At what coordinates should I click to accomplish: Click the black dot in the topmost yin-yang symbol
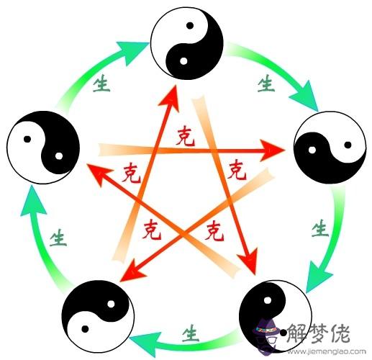pyautogui.click(x=190, y=25)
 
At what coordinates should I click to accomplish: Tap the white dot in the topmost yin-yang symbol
pyautogui.click(x=183, y=61)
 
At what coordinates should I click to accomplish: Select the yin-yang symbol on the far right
pyautogui.click(x=330, y=148)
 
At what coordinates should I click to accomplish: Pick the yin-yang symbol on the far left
pyautogui.click(x=43, y=148)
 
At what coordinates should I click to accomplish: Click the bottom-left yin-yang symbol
pyautogui.click(x=98, y=316)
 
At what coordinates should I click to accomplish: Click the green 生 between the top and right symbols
pyautogui.click(x=266, y=83)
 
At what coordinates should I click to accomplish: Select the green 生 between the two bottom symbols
pyautogui.click(x=191, y=333)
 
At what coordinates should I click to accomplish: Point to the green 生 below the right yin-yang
pyautogui.click(x=320, y=228)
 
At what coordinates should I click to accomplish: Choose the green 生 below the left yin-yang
pyautogui.click(x=58, y=238)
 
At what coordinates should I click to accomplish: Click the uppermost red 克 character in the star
pyautogui.click(x=185, y=137)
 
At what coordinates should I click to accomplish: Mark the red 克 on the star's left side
pyautogui.click(x=131, y=172)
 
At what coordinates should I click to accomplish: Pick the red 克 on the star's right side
pyautogui.click(x=237, y=170)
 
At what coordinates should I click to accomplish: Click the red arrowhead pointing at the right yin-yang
pyautogui.click(x=272, y=150)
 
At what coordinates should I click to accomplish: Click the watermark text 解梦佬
pyautogui.click(x=319, y=333)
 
